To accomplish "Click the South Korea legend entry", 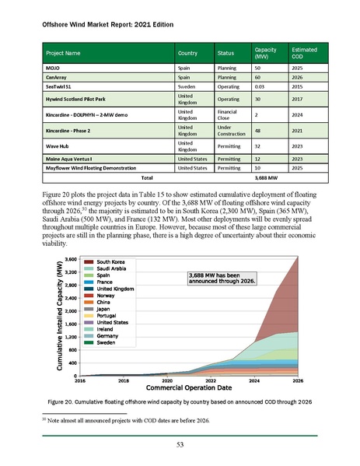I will coord(113,262).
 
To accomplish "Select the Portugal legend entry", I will coord(110,315).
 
